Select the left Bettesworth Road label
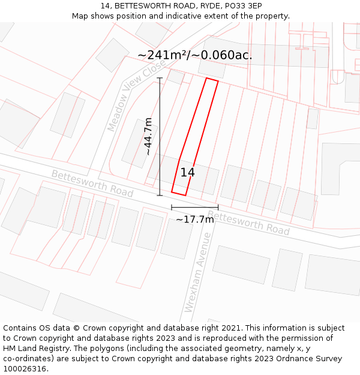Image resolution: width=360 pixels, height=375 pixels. pyautogui.click(x=92, y=183)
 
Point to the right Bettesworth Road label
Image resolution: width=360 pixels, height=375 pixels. pyautogui.click(x=248, y=223)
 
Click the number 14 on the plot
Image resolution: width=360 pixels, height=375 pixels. pyautogui.click(x=187, y=173)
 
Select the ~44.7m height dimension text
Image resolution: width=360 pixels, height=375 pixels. pyautogui.click(x=148, y=137)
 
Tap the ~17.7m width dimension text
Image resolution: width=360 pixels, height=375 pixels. pyautogui.click(x=194, y=220)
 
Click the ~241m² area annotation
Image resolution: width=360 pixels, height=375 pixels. pyautogui.click(x=194, y=55)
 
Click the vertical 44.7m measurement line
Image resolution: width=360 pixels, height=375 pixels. pyautogui.click(x=160, y=137)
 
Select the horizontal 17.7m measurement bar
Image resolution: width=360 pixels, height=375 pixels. pyautogui.click(x=194, y=208)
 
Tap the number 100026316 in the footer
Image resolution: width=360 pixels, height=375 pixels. pyautogui.click(x=25, y=369)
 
